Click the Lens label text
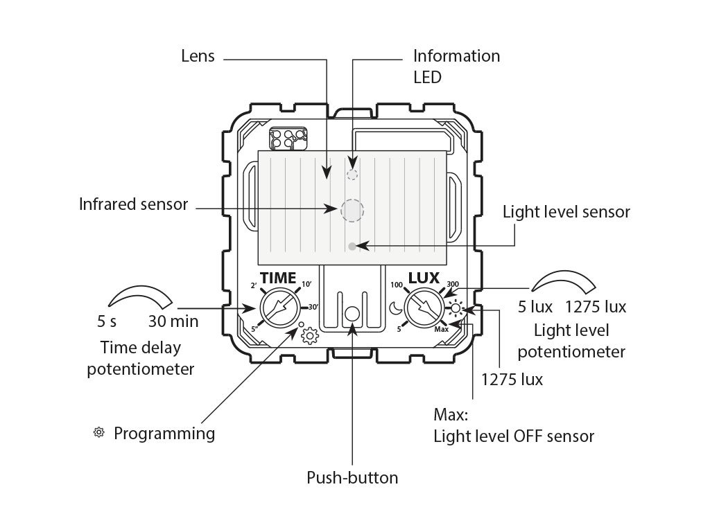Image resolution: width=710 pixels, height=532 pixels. [198, 56]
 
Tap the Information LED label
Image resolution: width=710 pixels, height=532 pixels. [456, 66]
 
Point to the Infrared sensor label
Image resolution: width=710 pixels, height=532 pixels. [133, 204]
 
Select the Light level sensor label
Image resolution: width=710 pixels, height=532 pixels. [566, 212]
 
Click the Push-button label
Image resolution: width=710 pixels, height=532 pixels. [352, 478]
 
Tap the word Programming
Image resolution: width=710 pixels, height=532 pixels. [164, 434]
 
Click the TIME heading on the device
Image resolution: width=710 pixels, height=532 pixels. [278, 278]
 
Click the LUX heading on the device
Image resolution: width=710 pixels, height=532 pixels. [424, 278]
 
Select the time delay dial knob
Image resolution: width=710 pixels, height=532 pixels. [281, 308]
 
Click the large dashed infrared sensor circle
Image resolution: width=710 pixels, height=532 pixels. [352, 211]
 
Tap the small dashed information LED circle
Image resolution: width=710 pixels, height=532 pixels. [352, 175]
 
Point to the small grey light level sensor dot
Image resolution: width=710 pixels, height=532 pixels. [352, 247]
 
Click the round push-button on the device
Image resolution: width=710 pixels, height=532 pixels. [352, 314]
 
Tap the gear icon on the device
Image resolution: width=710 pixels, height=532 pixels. [310, 336]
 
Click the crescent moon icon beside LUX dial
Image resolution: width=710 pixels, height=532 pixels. [396, 308]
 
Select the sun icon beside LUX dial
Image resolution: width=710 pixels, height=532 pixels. [456, 309]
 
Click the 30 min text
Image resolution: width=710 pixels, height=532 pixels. [173, 321]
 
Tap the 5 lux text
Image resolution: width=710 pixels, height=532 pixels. [535, 307]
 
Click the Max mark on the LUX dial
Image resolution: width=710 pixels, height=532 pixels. [442, 329]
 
